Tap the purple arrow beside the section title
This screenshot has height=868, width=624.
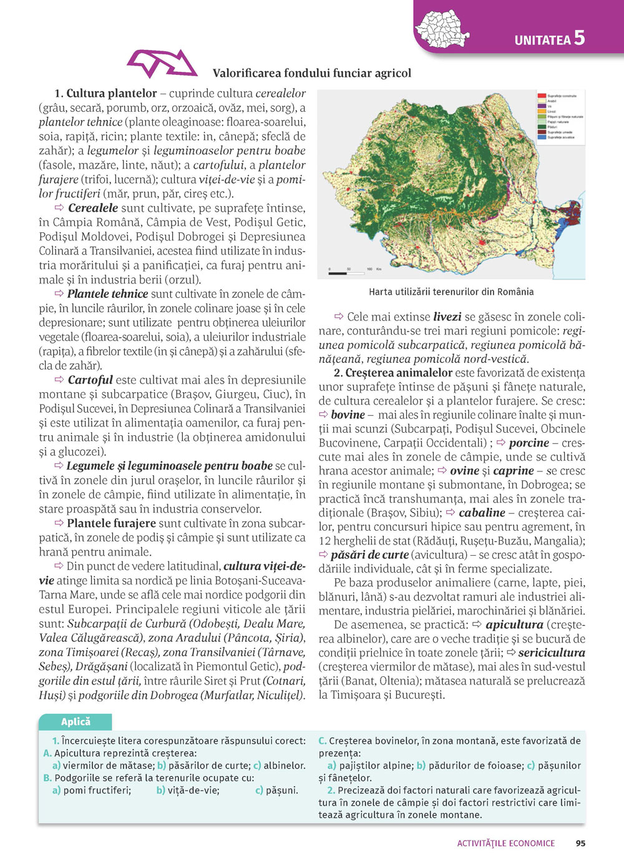pyautogui.click(x=162, y=64)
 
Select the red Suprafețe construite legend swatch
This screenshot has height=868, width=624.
pyautogui.click(x=542, y=96)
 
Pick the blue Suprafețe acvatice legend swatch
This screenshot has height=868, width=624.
pyautogui.click(x=542, y=137)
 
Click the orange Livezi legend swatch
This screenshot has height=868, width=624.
pyautogui.click(x=542, y=112)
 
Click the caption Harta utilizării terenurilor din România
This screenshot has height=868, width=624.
pyautogui.click(x=451, y=292)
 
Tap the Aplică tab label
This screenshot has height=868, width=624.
pyautogui.click(x=76, y=722)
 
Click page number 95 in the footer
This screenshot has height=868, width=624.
pyautogui.click(x=580, y=843)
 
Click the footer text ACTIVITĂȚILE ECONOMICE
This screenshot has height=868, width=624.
pyautogui.click(x=505, y=843)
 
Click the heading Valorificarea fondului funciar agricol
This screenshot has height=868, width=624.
pyautogui.click(x=312, y=73)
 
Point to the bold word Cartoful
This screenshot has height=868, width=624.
pyautogui.click(x=90, y=380)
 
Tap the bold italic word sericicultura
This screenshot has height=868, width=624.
pyautogui.click(x=552, y=653)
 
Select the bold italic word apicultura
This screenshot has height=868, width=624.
pyautogui.click(x=514, y=624)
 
